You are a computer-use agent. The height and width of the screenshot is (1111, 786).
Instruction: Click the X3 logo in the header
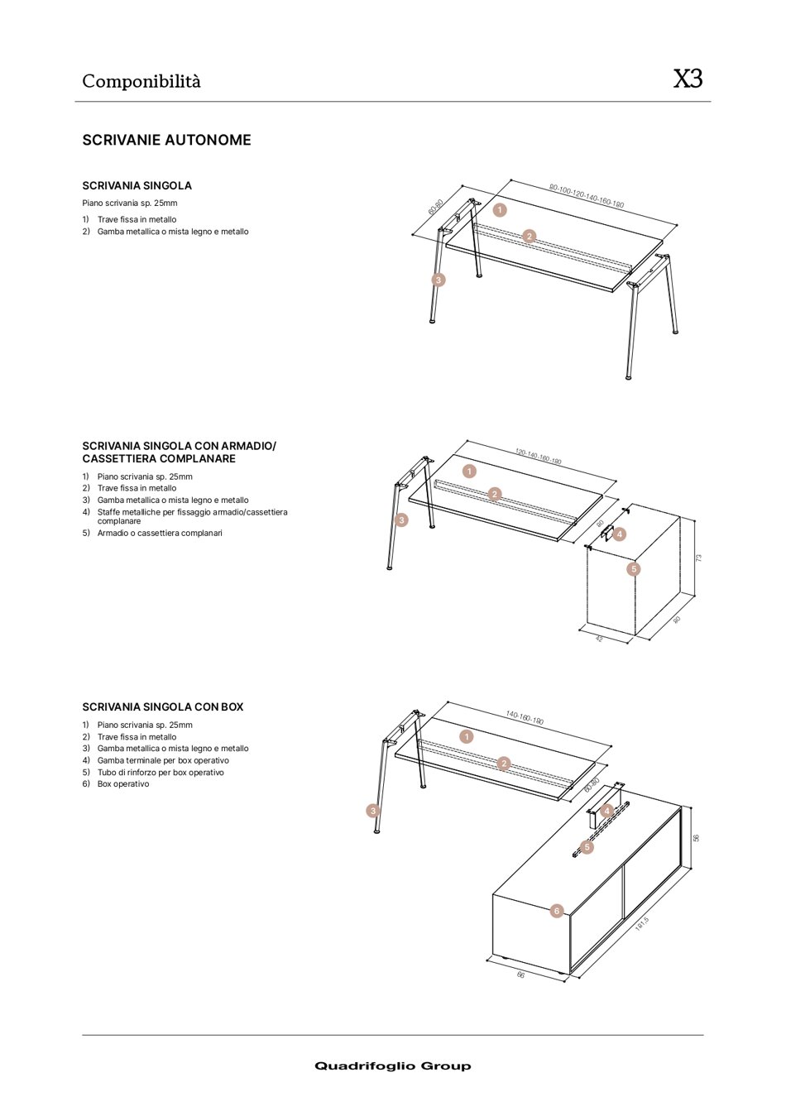(x=688, y=79)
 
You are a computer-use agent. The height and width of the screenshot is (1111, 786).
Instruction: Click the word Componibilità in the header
(x=141, y=81)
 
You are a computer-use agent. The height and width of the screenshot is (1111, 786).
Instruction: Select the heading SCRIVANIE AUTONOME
(x=166, y=140)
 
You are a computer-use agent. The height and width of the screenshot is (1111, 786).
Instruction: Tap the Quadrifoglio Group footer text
(x=392, y=1066)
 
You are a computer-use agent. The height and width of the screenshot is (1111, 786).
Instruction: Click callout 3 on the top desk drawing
(x=439, y=280)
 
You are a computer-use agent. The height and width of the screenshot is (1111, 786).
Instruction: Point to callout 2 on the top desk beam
(x=530, y=237)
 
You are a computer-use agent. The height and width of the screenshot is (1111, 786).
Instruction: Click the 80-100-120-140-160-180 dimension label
(x=587, y=196)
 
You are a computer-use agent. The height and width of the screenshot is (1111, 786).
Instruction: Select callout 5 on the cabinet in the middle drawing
(x=634, y=569)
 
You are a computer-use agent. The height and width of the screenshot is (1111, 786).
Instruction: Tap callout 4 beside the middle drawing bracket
(x=619, y=534)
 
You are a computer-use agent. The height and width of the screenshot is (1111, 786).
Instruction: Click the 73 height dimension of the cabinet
(x=698, y=558)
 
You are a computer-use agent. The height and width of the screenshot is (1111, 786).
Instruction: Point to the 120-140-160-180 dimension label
(x=539, y=457)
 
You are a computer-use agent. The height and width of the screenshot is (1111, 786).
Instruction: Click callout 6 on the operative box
(x=557, y=911)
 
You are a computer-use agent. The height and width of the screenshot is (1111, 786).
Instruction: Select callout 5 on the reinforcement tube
(x=587, y=847)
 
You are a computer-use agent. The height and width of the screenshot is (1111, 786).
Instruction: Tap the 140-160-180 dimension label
(x=525, y=718)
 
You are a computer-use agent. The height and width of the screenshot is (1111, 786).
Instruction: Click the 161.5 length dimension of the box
(x=642, y=924)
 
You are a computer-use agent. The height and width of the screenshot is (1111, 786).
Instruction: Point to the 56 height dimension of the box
(x=697, y=838)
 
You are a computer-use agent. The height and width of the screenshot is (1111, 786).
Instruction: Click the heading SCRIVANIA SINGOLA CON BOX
(x=163, y=707)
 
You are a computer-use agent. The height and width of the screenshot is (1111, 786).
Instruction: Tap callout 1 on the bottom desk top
(x=467, y=736)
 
